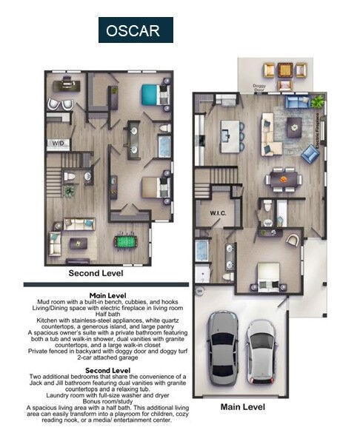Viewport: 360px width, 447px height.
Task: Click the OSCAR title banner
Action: click(136, 30)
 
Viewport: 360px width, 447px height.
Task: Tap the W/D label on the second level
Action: click(57, 142)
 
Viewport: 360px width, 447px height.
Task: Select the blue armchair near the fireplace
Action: click(310, 154)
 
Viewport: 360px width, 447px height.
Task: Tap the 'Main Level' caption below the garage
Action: click(244, 406)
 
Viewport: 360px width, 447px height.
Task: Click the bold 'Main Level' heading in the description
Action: click(99, 294)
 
